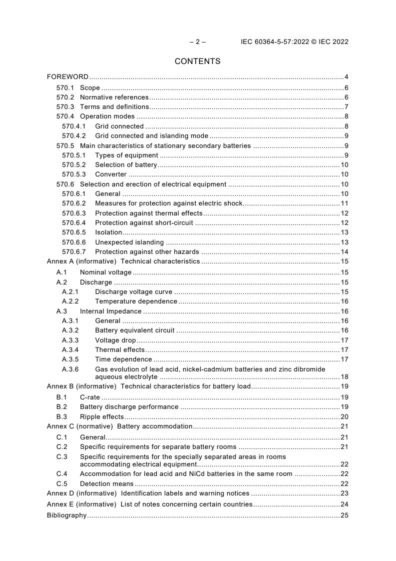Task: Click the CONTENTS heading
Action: (x=197, y=61)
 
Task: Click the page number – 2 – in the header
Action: (x=197, y=42)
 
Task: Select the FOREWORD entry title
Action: (x=67, y=77)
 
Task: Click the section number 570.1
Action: (x=65, y=88)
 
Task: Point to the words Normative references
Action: (x=114, y=97)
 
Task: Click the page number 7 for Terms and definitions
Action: (x=346, y=106)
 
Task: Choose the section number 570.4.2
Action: (x=74, y=135)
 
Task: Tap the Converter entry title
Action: (x=111, y=174)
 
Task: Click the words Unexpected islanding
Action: (x=122, y=242)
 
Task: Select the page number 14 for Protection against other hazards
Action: (x=344, y=251)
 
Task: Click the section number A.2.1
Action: (x=70, y=291)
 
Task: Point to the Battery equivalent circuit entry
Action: (x=135, y=330)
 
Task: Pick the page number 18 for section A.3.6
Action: (x=344, y=376)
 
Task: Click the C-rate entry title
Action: (x=90, y=397)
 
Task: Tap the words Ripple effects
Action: (x=102, y=416)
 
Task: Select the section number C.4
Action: (x=61, y=473)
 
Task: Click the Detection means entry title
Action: (x=107, y=483)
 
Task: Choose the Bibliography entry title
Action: (x=66, y=515)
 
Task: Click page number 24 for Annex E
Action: (x=344, y=504)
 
